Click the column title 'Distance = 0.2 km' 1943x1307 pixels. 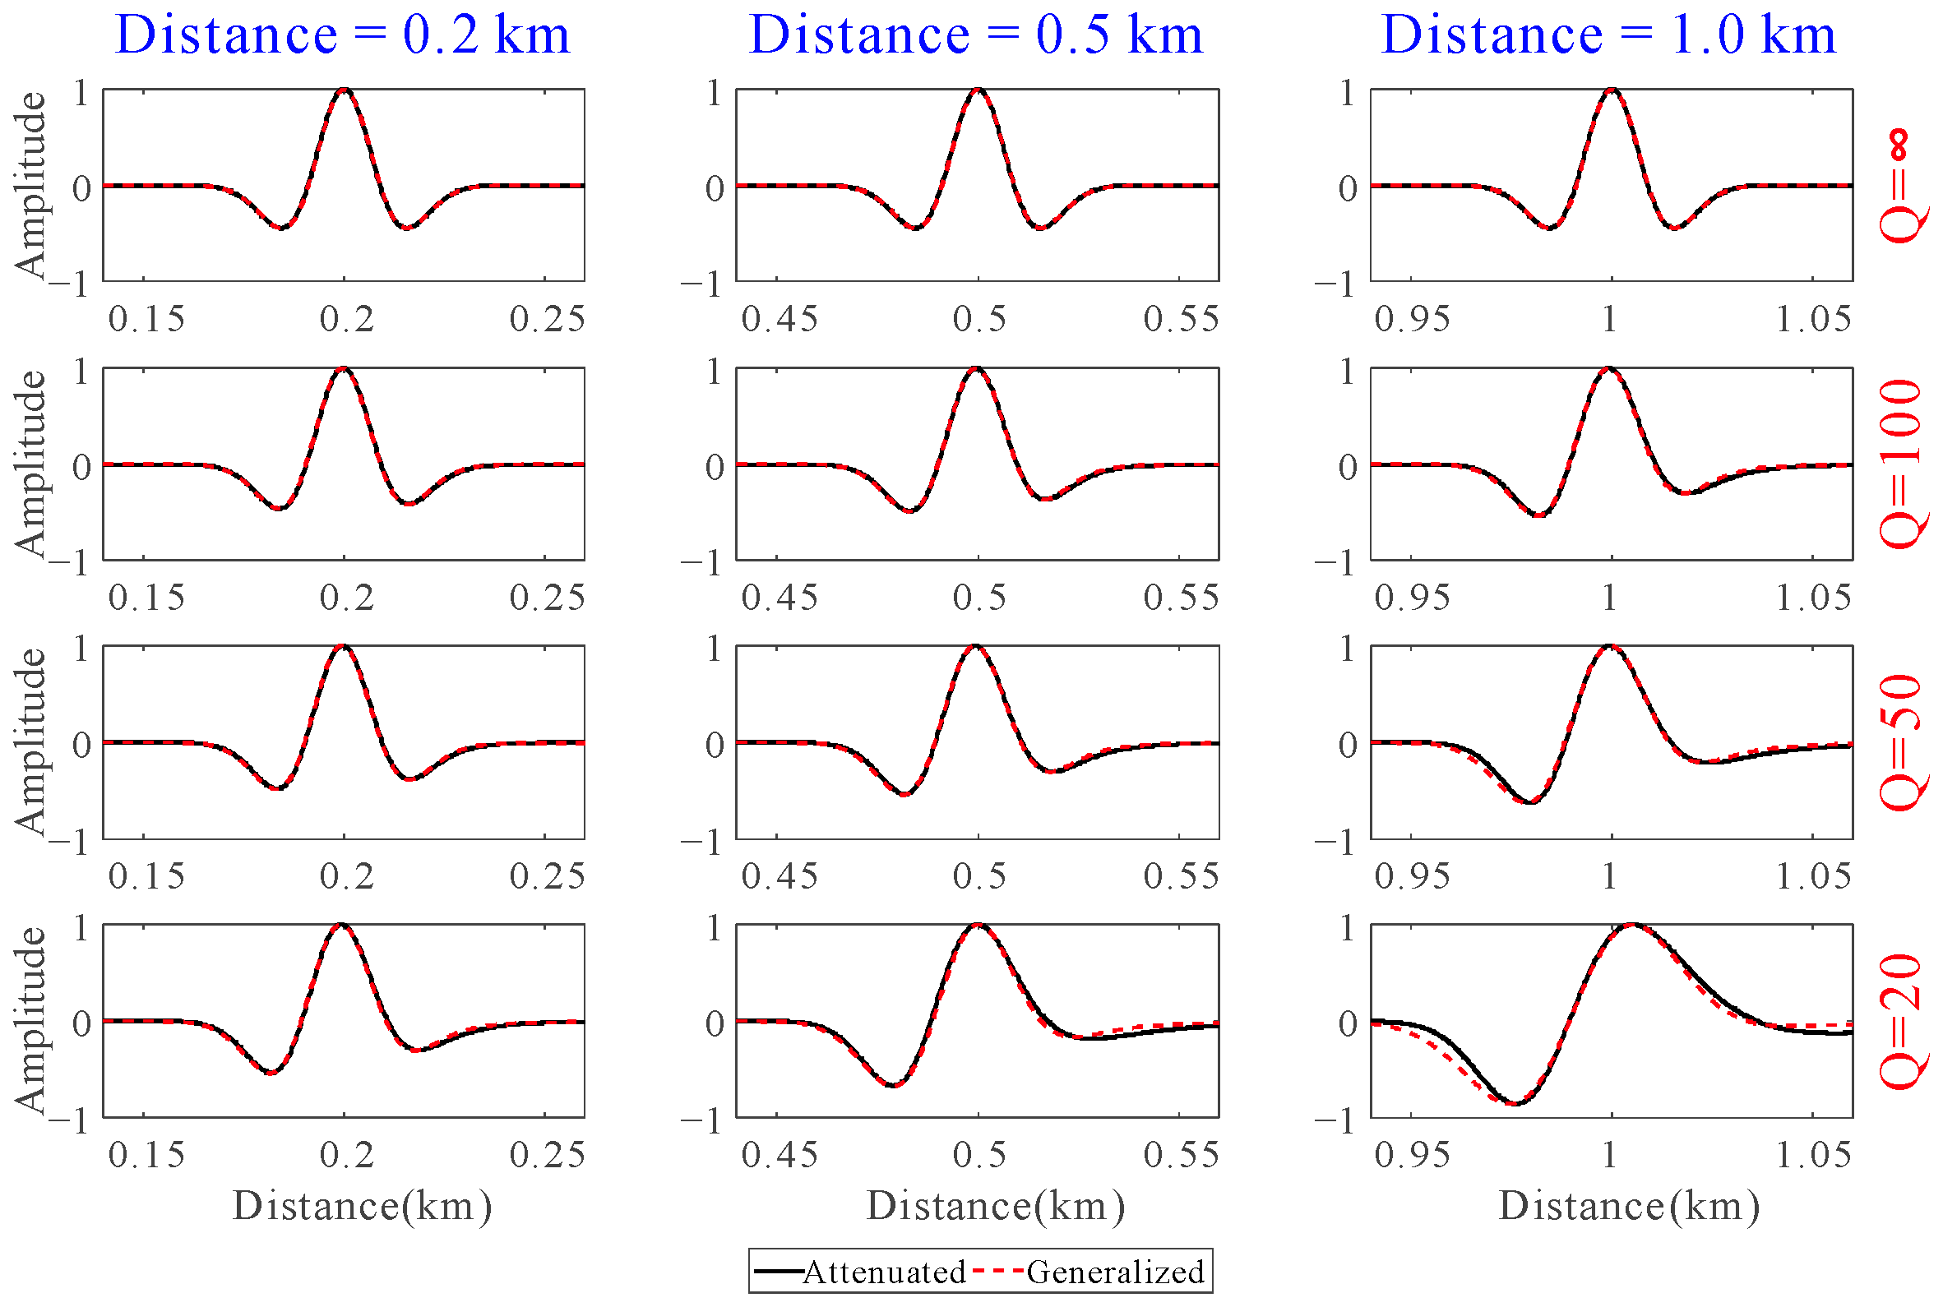pos(343,35)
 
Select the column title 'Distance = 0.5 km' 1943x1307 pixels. pos(976,35)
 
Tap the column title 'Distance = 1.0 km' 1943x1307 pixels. pos(1608,35)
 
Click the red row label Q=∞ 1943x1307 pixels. pos(1904,185)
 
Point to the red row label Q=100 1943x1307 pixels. pos(1904,464)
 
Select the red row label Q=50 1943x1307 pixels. pos(1904,741)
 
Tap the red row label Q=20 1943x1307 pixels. pos(1904,1021)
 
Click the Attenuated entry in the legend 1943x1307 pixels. pos(883,1272)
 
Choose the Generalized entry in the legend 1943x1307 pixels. pos(1114,1272)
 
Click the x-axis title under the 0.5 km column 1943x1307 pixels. pos(995,1206)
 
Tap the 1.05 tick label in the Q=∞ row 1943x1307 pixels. pos(1814,318)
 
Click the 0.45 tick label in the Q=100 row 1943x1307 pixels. pos(780,598)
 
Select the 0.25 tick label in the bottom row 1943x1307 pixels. pos(547,1155)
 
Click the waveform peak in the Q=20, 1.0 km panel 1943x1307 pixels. pos(1632,926)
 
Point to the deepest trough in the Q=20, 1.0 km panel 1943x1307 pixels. pos(1516,1104)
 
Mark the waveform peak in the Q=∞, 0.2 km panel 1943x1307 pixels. pos(345,90)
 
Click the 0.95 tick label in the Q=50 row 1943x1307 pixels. pos(1412,876)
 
